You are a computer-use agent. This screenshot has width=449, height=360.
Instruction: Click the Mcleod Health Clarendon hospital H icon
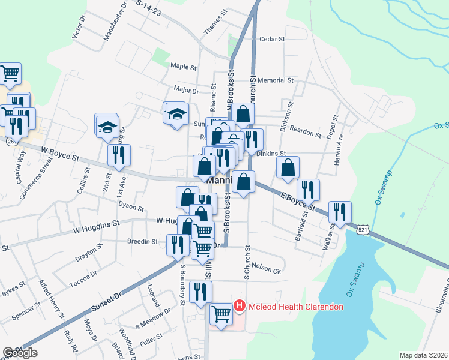tap(240, 307)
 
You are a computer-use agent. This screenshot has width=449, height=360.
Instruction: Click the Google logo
tap(20, 353)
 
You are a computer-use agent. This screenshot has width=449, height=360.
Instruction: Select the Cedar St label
tap(271, 39)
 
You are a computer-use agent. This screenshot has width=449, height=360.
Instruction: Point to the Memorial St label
tap(276, 80)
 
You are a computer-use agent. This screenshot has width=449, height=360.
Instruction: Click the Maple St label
tap(184, 67)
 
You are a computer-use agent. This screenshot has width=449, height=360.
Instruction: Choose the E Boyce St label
tap(297, 202)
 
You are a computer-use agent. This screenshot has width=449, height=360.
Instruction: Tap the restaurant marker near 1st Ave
tap(119, 155)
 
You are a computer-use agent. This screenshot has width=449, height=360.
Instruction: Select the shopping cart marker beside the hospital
tap(221, 314)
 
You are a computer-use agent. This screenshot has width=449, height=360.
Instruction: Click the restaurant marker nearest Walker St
tap(340, 212)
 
